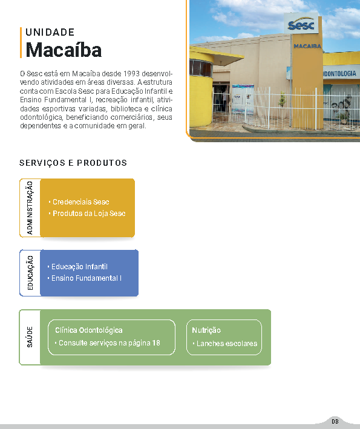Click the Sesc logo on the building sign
pyautogui.click(x=301, y=24)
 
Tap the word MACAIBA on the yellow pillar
pyautogui.click(x=307, y=46)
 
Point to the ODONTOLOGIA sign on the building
pyautogui.click(x=339, y=74)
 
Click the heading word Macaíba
pyautogui.click(x=64, y=50)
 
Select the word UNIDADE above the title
pyautogui.click(x=50, y=32)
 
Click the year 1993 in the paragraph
pyautogui.click(x=131, y=74)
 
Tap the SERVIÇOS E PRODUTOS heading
pyautogui.click(x=73, y=163)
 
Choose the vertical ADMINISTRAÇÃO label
pyautogui.click(x=30, y=208)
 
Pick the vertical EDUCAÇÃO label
pyautogui.click(x=30, y=273)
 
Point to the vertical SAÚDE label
pyautogui.click(x=30, y=337)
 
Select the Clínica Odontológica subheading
pyautogui.click(x=88, y=330)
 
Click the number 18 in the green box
pyautogui.click(x=156, y=343)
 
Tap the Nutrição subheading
pyautogui.click(x=206, y=330)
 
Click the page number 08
pyautogui.click(x=335, y=421)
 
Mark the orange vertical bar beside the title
pyautogui.click(x=21, y=43)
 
